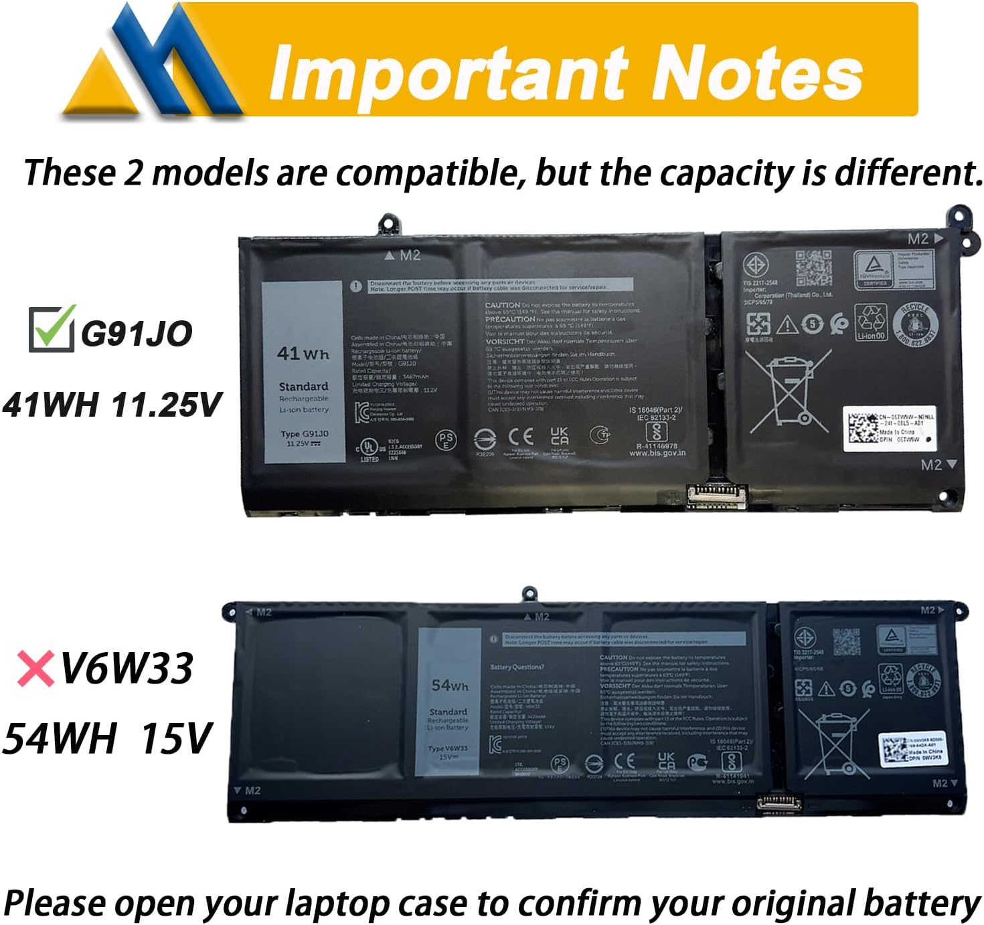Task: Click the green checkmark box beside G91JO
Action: (51, 328)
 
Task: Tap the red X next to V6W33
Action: (36, 669)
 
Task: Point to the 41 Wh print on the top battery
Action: (303, 353)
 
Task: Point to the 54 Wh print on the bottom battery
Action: (450, 685)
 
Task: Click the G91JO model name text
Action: (137, 334)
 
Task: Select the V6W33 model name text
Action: (127, 668)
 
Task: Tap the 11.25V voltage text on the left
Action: (166, 405)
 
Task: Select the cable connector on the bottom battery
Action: (778, 802)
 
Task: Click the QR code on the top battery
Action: (813, 268)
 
